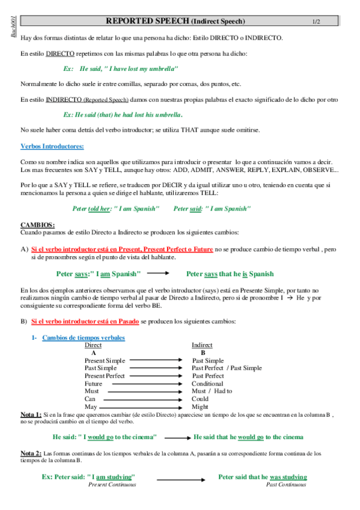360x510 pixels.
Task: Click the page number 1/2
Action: (316, 22)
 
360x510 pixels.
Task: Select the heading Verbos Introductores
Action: (52, 146)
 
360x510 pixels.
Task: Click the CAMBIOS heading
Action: (38, 224)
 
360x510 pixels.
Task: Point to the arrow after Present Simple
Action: (156, 360)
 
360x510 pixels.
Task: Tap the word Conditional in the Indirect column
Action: (207, 383)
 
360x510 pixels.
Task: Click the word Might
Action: (200, 407)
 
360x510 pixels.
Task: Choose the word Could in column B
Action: (200, 399)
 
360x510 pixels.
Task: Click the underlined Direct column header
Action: (93, 345)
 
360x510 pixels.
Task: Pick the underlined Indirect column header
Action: (202, 345)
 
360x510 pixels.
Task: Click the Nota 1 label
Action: (31, 415)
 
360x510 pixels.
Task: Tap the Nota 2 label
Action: (31, 453)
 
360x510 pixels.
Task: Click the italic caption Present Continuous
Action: (112, 484)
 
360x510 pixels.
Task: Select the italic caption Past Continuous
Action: (285, 484)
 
